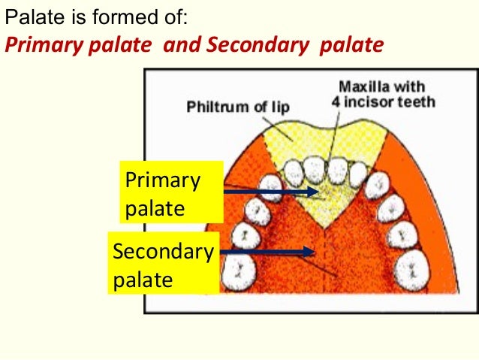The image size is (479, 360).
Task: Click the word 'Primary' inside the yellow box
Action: tap(163, 181)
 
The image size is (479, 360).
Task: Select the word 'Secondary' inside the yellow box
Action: tap(163, 251)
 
